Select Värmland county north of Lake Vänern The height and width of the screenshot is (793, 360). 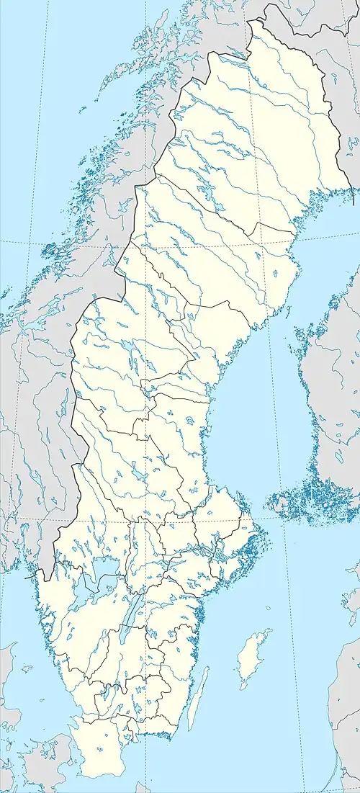point(94,519)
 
